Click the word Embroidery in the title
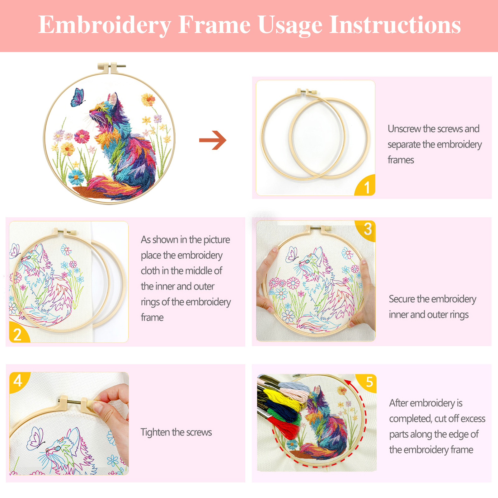(x=105, y=25)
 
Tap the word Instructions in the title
(x=395, y=25)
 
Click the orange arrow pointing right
(x=213, y=140)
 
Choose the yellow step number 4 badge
(x=19, y=382)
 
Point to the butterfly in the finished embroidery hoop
(x=78, y=97)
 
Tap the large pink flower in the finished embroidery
(x=82, y=136)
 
